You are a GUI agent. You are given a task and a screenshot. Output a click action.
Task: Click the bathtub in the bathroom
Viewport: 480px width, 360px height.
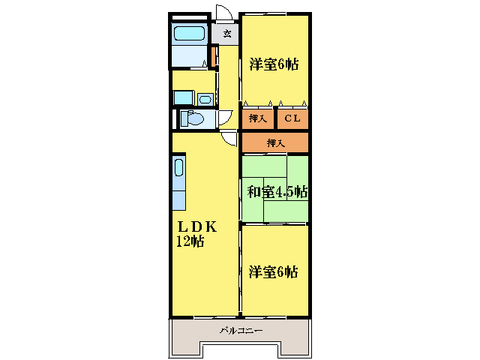189,33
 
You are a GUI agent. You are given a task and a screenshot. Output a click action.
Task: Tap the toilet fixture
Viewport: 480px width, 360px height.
193,118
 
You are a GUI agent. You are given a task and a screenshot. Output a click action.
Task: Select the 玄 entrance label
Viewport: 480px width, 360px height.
226,33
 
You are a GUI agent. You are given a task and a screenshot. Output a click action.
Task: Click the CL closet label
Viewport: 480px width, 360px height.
292,118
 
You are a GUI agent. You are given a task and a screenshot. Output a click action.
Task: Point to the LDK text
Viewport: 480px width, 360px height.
197,226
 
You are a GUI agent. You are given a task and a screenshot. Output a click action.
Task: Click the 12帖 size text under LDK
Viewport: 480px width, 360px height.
190,241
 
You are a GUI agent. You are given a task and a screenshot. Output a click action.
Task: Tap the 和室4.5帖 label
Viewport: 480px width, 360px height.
277,192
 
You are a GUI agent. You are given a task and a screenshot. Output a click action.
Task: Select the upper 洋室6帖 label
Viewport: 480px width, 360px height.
274,64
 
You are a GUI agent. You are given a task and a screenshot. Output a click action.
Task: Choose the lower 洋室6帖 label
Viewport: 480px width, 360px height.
273,271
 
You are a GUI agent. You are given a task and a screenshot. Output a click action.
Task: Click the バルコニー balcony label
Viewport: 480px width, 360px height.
241,331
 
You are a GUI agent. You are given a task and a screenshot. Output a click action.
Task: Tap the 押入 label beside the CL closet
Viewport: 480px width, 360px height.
258,118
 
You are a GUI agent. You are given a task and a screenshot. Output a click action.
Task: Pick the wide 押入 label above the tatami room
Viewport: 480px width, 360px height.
276,142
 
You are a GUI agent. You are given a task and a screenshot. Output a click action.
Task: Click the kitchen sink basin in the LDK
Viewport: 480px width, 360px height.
178,168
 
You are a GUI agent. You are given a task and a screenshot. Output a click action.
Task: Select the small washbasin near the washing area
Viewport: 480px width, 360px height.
205,100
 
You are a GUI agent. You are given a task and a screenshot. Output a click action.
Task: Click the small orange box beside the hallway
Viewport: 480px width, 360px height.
213,57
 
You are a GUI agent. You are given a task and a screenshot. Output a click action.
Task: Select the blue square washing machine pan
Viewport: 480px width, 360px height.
184,97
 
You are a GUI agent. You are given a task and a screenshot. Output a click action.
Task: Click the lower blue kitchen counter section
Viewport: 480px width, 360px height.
179,200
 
